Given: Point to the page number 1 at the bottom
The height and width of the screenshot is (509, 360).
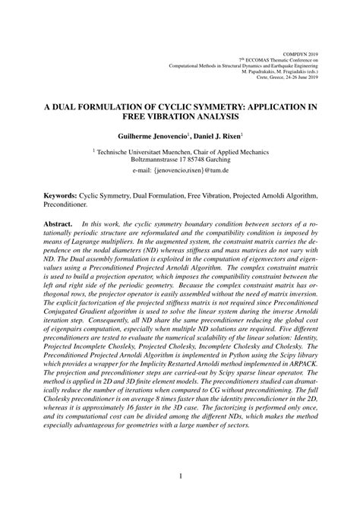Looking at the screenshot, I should pyautogui.click(x=180, y=477).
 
